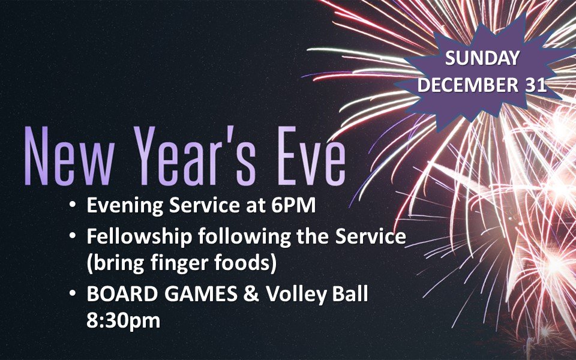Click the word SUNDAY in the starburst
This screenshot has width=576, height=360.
(481, 58)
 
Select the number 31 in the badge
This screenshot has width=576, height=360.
(535, 85)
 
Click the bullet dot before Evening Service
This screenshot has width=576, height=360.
(73, 206)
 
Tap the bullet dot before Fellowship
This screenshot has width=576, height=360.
(73, 236)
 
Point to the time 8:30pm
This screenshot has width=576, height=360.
(123, 320)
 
